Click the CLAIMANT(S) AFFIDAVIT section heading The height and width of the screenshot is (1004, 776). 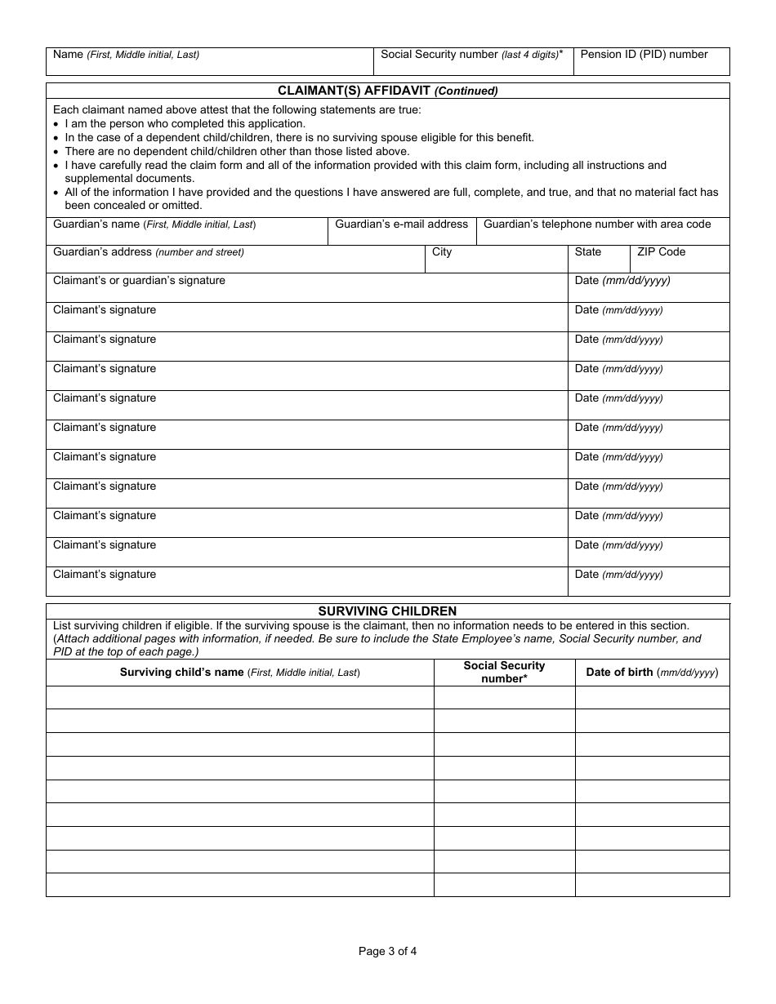coord(387,91)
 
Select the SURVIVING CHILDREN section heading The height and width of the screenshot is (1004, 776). coord(387,611)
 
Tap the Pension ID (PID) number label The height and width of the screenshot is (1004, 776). coord(644,55)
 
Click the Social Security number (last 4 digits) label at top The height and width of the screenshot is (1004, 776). coord(471,55)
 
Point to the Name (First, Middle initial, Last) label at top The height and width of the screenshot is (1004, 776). coord(126,55)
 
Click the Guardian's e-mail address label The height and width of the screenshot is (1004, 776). coord(402,224)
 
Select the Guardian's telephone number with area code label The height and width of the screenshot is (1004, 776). coord(597,224)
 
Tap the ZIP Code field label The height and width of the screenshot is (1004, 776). coord(661,251)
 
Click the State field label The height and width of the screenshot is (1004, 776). coord(587,251)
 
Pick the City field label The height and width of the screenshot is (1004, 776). coord(442,251)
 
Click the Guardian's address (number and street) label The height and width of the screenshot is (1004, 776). coord(148,251)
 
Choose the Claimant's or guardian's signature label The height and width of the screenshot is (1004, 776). coord(139,280)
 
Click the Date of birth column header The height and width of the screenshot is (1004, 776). coord(652,673)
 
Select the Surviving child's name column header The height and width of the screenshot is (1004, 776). coord(239,673)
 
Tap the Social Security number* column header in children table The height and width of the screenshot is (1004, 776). coord(504,672)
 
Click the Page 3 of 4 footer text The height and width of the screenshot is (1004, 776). coord(387,950)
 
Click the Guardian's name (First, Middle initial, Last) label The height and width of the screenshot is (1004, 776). coord(154,224)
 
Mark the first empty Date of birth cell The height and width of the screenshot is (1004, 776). coord(652,697)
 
